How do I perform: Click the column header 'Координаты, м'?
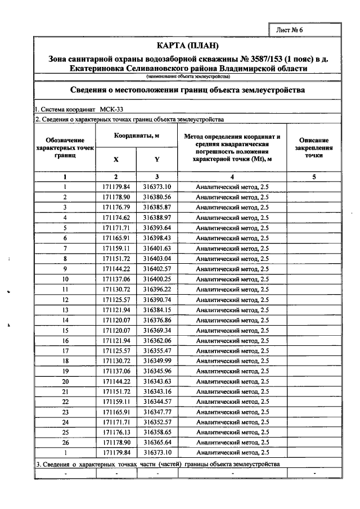click(137, 137)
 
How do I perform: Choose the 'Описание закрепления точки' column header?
click(314, 147)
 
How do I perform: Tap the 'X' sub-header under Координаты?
click(116, 159)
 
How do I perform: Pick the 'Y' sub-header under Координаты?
click(157, 159)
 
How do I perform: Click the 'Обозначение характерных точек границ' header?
click(65, 147)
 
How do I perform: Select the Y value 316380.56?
click(157, 197)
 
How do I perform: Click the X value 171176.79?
click(116, 207)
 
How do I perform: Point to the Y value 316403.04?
click(157, 258)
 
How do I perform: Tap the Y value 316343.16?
click(157, 391)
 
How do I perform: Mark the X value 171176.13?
click(116, 431)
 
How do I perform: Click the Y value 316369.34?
click(157, 330)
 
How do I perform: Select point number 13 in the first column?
click(65, 309)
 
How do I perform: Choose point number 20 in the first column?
click(65, 381)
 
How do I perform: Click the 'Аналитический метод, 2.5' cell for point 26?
click(232, 442)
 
